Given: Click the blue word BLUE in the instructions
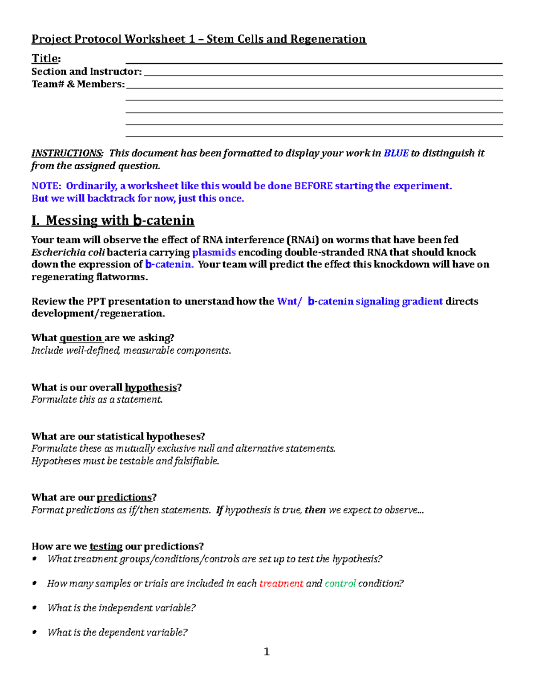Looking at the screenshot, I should click(396, 153).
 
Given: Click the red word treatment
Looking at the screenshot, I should click(281, 583).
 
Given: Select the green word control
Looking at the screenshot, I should click(340, 583).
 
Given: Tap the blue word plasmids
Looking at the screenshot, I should click(214, 252).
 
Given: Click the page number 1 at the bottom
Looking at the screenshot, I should click(267, 652).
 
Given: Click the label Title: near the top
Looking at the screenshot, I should click(46, 59).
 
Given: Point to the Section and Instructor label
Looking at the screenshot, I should click(86, 72).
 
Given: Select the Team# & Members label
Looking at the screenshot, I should click(78, 84).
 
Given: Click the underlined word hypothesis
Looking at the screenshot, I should click(150, 388).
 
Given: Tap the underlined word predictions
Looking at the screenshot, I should click(124, 497).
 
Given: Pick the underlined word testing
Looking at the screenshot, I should click(106, 546).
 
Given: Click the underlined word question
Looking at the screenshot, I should click(81, 338).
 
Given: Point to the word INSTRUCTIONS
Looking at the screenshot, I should click(67, 153).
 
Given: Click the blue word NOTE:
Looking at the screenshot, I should click(46, 186).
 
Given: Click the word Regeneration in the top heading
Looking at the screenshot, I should click(328, 39).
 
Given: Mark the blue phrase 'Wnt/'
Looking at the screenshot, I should click(289, 301).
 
